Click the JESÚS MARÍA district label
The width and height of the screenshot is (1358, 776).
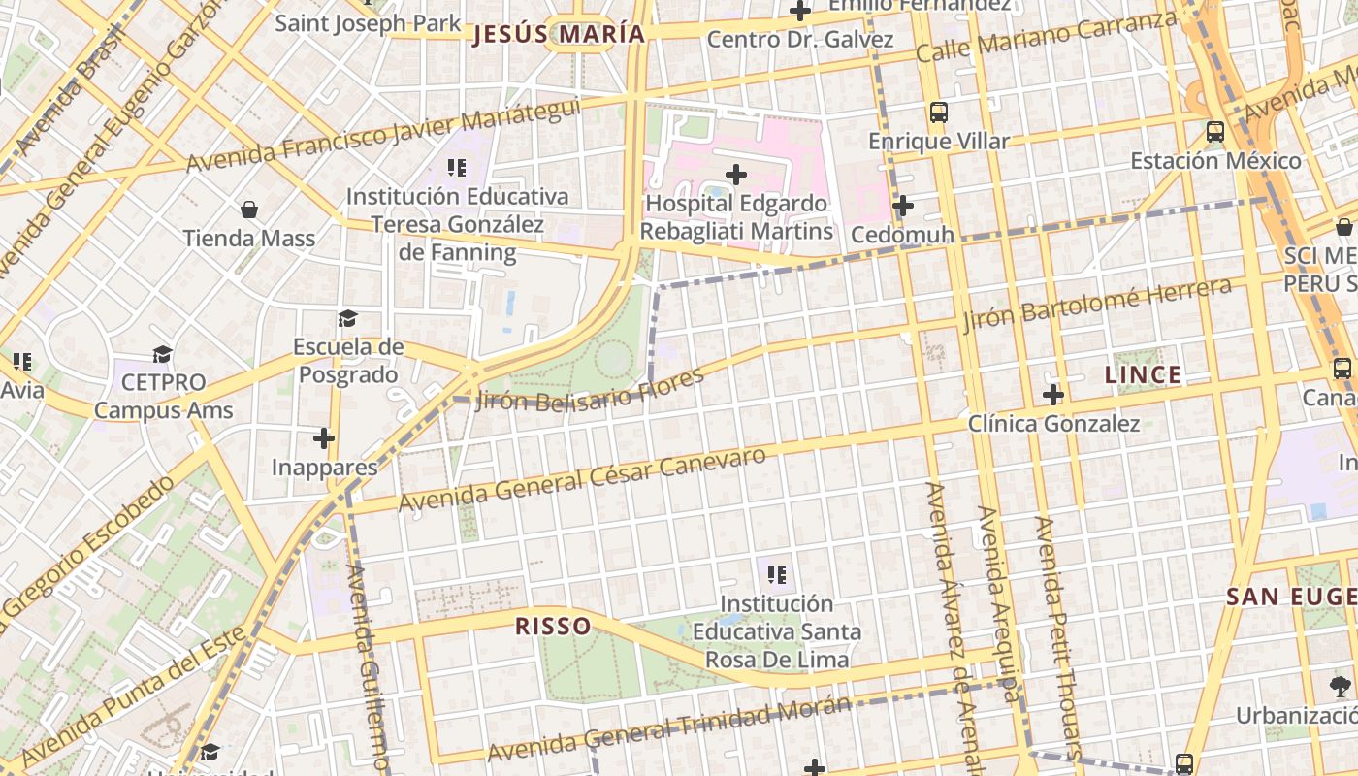pyautogui.click(x=559, y=35)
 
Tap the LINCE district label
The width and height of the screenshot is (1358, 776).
pyautogui.click(x=1144, y=375)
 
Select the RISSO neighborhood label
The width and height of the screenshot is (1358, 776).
pyautogui.click(x=553, y=626)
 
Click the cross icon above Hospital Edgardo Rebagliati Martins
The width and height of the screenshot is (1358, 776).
pyautogui.click(x=736, y=175)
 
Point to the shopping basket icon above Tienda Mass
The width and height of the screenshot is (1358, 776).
pyautogui.click(x=249, y=210)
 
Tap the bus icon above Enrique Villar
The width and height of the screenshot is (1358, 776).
pyautogui.click(x=938, y=112)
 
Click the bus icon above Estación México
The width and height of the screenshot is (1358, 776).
pyautogui.click(x=1215, y=131)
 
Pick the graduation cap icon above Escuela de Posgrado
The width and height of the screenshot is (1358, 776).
pyautogui.click(x=347, y=318)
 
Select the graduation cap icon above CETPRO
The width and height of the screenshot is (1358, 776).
pyautogui.click(x=163, y=354)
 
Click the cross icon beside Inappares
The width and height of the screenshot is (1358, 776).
pyautogui.click(x=324, y=439)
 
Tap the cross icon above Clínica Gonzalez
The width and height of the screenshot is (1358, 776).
pyautogui.click(x=1053, y=395)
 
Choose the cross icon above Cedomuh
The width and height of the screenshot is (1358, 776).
pyautogui.click(x=902, y=206)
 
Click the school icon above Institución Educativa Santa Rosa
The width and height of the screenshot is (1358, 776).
pyautogui.click(x=776, y=575)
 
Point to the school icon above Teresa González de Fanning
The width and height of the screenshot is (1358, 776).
pyautogui.click(x=457, y=168)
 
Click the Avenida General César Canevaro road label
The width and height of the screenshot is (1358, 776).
pyautogui.click(x=582, y=480)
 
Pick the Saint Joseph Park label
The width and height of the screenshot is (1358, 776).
pyautogui.click(x=368, y=22)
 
